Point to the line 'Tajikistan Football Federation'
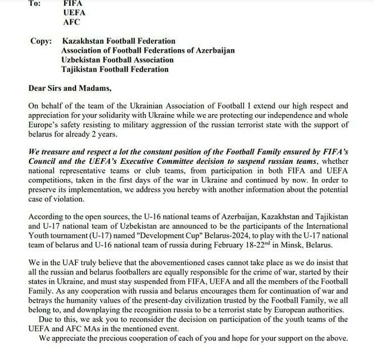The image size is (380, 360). (x=115, y=70)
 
